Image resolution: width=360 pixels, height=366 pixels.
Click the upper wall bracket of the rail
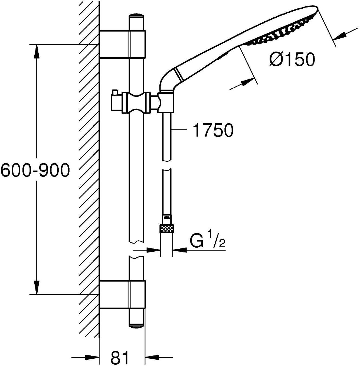[122, 44]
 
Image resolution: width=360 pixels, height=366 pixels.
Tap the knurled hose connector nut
[166, 229]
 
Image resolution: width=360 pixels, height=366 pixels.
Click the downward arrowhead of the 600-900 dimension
[37, 288]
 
